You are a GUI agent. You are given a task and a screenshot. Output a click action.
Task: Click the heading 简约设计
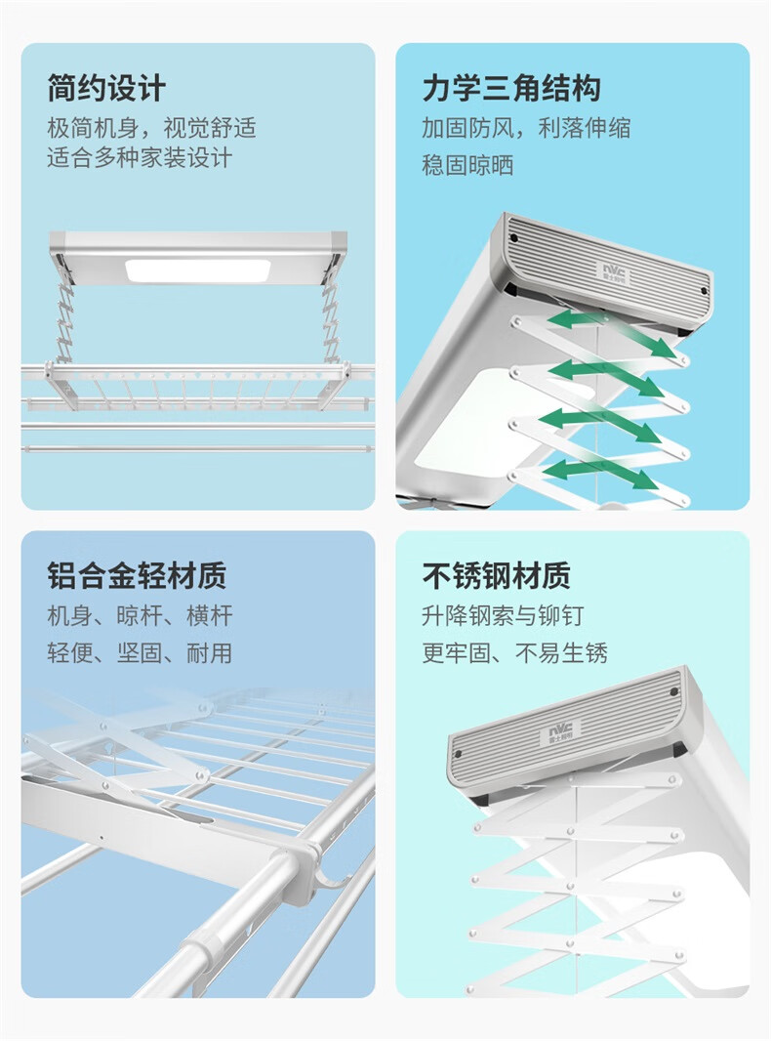[106, 89]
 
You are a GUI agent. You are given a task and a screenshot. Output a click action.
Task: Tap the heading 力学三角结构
[510, 89]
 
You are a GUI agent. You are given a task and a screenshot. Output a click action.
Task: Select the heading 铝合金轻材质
[137, 575]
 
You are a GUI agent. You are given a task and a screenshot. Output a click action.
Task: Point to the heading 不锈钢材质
[496, 575]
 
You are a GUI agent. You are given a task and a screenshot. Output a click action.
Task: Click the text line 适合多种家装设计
[140, 157]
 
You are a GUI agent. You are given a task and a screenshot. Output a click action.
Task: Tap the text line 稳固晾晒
[467, 165]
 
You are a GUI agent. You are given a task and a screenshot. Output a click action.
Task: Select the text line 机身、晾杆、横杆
[140, 616]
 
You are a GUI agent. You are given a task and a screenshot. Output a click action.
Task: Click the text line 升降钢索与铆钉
[503, 616]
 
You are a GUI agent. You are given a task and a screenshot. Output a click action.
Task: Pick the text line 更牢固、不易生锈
[514, 652]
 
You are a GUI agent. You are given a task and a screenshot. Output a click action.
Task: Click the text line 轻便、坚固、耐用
[140, 652]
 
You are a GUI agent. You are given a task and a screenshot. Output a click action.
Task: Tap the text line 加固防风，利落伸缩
[526, 128]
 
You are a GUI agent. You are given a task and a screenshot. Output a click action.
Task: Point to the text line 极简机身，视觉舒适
[151, 128]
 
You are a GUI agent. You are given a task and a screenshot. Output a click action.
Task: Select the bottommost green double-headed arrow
[598, 474]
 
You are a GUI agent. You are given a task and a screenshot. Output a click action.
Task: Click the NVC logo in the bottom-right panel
[563, 728]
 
